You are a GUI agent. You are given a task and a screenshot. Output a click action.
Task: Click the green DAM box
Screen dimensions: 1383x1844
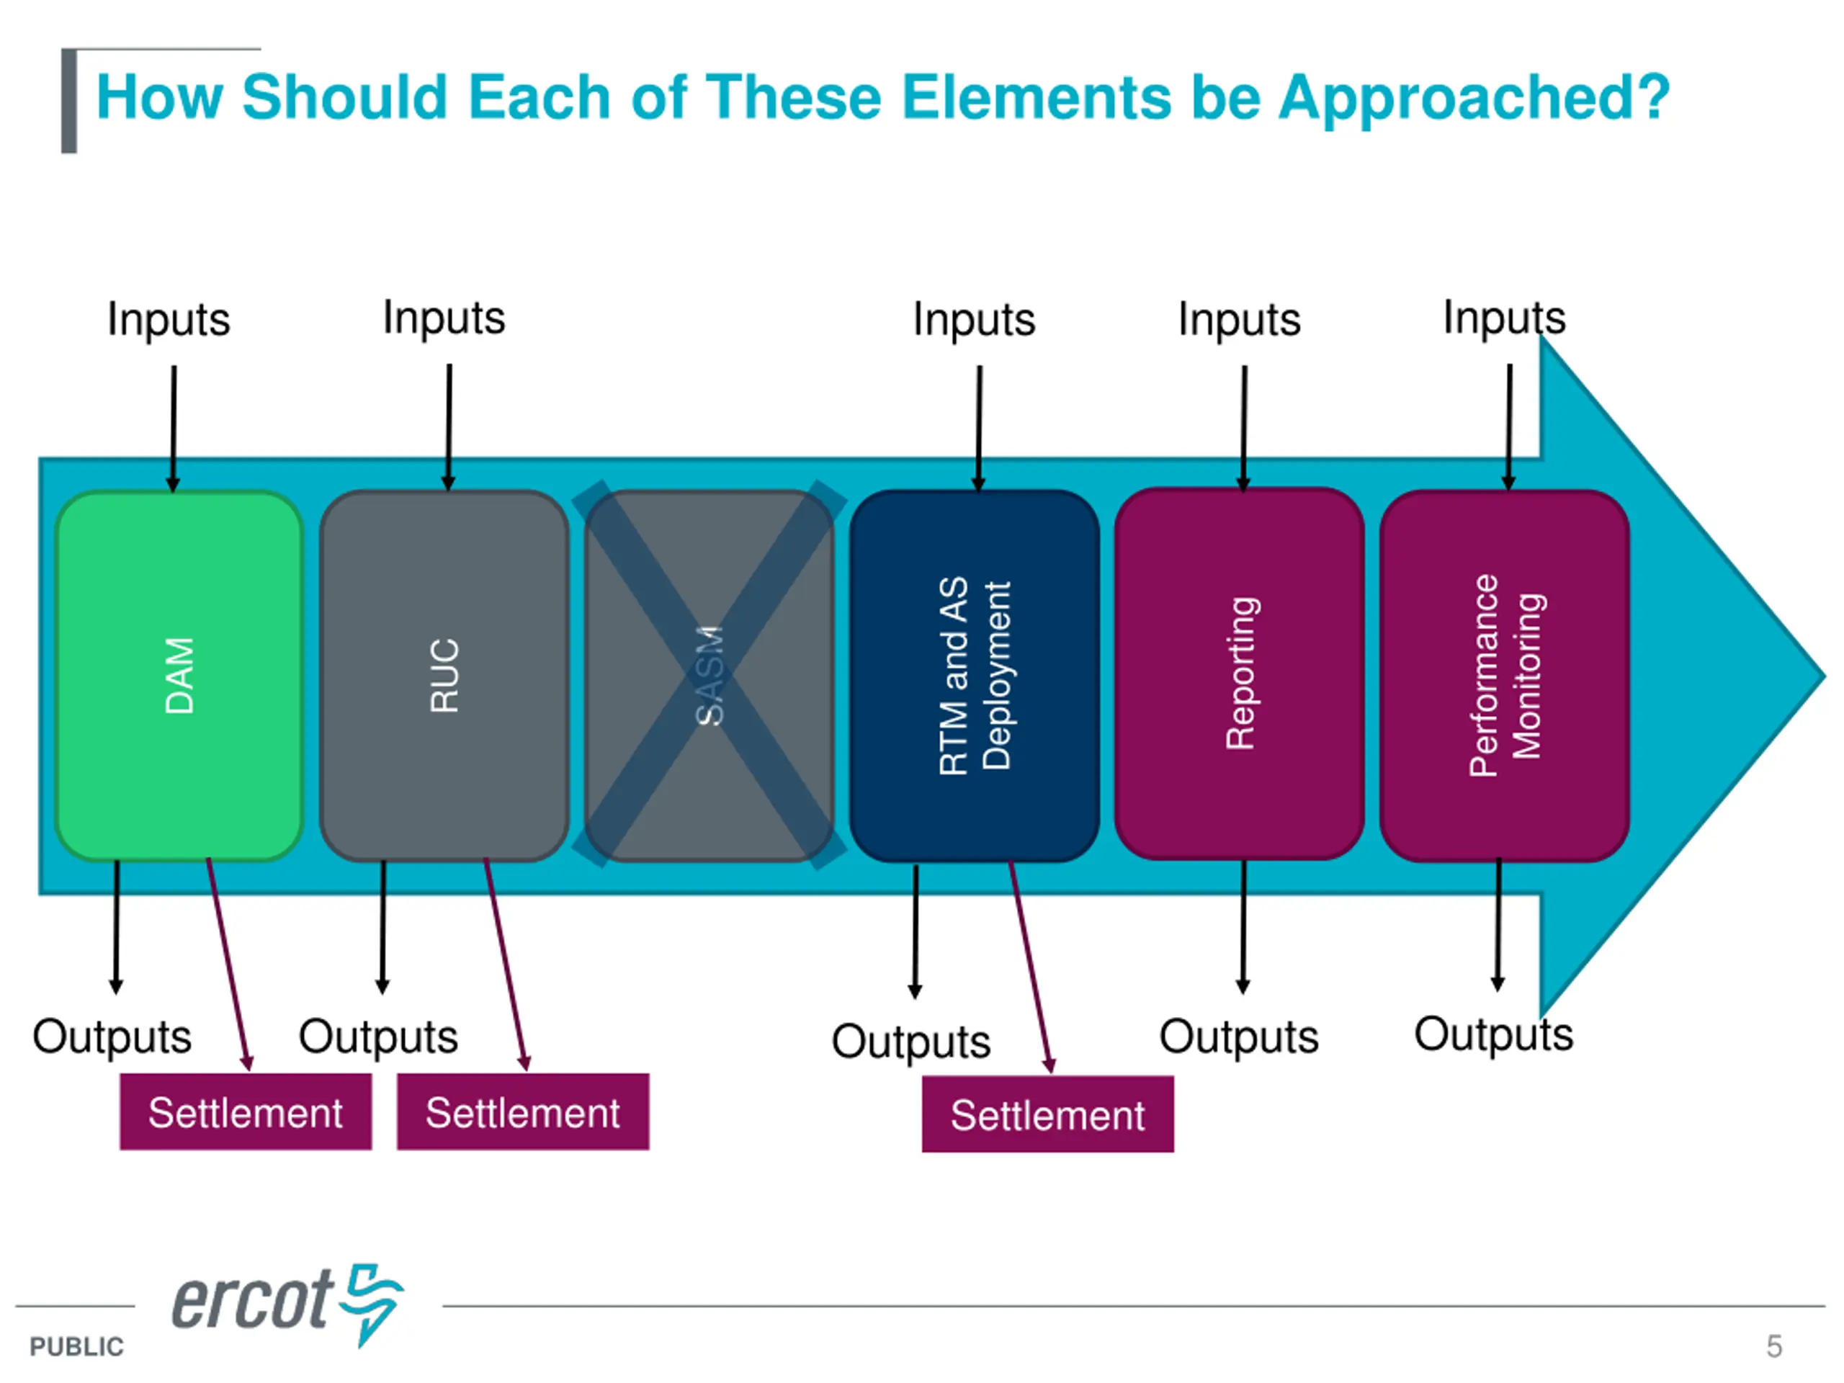[179, 675]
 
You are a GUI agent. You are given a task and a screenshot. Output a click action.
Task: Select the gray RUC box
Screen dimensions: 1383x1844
[444, 675]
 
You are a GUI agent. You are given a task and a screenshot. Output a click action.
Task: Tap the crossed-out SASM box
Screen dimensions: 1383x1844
[709, 675]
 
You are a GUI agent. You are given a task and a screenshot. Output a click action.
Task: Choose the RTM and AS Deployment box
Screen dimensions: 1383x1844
[974, 675]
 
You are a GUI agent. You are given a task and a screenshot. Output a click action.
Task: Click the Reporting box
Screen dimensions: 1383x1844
[1240, 673]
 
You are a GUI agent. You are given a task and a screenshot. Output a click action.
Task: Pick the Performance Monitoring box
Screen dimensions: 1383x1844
[1505, 675]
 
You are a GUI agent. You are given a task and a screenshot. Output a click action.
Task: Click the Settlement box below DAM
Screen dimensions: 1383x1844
[245, 1112]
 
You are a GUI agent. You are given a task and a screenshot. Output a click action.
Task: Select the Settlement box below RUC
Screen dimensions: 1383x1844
[523, 1112]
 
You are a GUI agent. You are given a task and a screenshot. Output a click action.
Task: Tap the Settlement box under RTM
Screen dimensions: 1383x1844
[1047, 1114]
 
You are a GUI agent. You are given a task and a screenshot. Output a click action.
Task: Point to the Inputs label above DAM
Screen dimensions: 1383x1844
[169, 319]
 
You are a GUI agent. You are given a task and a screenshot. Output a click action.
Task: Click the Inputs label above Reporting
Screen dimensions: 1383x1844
[1239, 319]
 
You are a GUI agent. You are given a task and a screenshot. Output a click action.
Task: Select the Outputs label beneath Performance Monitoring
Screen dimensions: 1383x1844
[1493, 1034]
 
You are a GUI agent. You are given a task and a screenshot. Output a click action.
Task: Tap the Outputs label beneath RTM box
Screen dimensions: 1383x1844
[910, 1041]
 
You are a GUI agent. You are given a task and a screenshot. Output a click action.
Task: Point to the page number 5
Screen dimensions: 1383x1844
[1774, 1346]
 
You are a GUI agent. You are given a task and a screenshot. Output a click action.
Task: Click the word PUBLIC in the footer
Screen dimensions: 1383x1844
[76, 1346]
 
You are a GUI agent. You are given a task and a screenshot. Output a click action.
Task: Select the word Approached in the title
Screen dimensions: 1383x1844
[1473, 97]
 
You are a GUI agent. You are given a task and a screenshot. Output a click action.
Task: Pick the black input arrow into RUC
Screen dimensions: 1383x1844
[449, 425]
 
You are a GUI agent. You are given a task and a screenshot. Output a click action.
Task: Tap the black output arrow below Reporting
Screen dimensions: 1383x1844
[1243, 926]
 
